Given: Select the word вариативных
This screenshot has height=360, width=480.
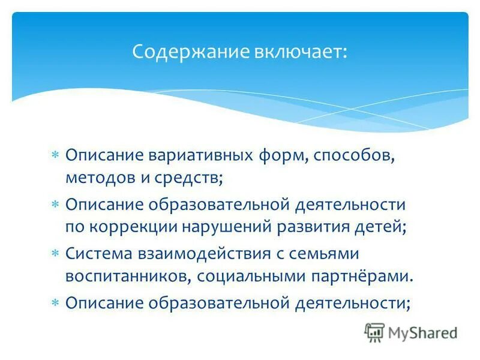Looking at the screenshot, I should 196,155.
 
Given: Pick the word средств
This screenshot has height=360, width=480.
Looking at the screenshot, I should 190,178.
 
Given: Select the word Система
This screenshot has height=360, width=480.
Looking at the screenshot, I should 100,254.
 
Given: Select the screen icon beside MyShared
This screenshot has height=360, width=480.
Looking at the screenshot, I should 374,332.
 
